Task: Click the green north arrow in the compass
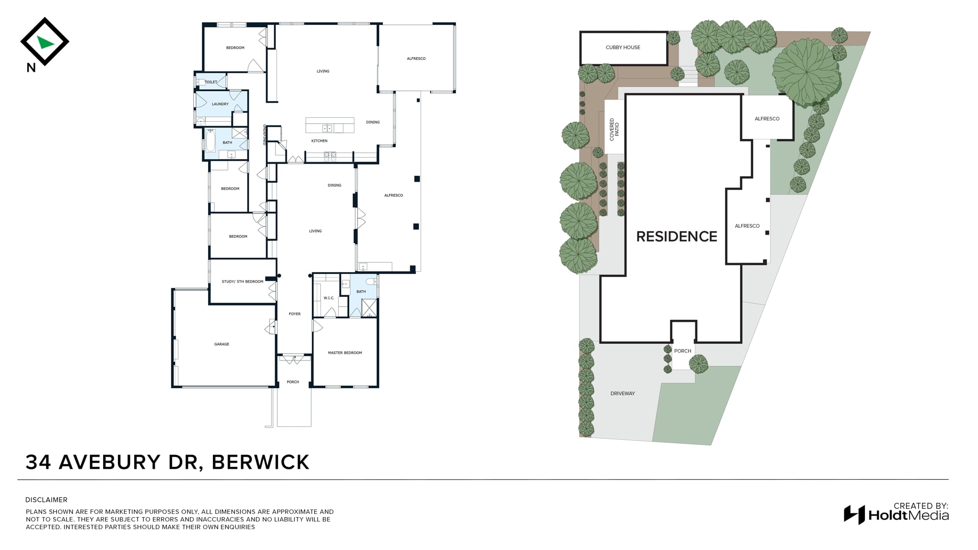pos(45,42)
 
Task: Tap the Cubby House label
pos(623,47)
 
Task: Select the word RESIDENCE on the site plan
pos(677,236)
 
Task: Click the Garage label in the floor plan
pos(222,344)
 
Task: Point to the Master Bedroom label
pos(345,353)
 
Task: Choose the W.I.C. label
pos(329,298)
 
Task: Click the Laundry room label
pos(220,104)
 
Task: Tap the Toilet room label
pos(211,82)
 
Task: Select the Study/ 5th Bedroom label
pos(243,282)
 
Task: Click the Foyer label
pos(295,314)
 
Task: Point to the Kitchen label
pos(319,141)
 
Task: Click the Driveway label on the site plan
pos(623,393)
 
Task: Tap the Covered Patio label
pos(614,129)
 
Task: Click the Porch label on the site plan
pos(682,351)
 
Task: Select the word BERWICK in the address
pos(260,462)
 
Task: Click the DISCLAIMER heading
pos(46,500)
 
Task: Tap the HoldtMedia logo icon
pos(854,515)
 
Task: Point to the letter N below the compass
pos(31,68)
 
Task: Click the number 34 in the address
pos(39,462)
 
